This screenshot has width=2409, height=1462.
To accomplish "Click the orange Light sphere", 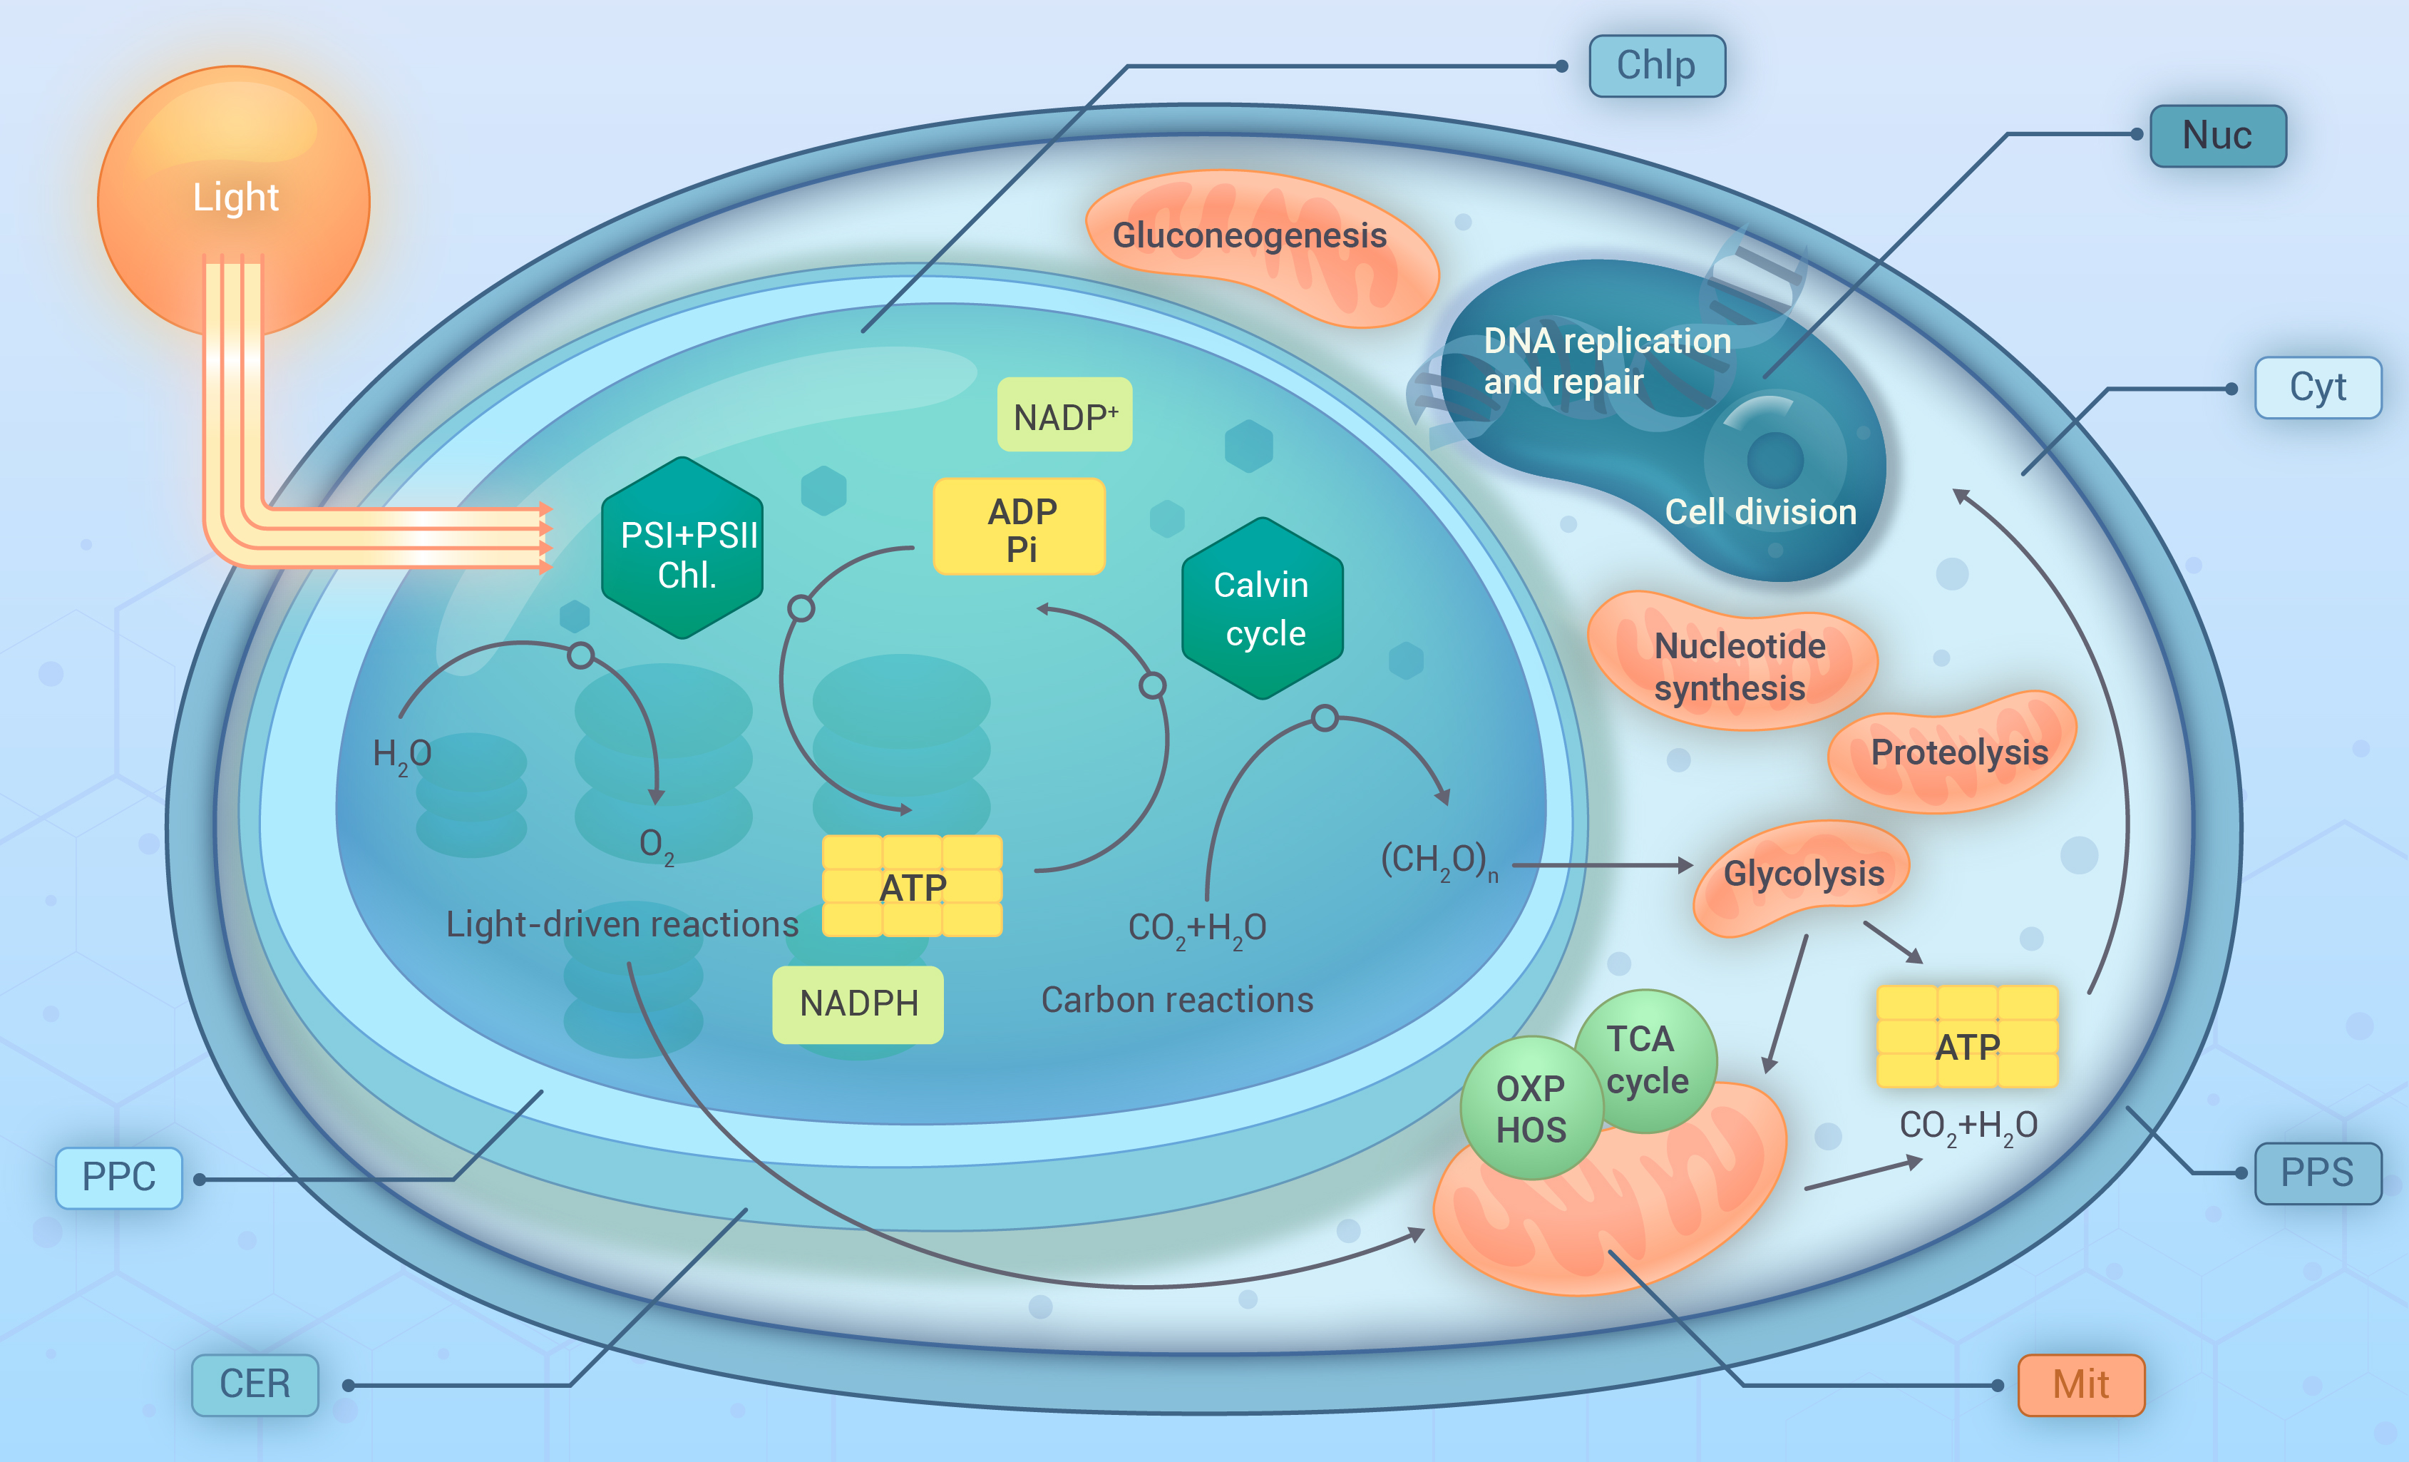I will pyautogui.click(x=234, y=200).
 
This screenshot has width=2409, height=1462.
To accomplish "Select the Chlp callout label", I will pyautogui.click(x=1656, y=66).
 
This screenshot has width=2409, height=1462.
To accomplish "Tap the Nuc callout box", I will pyautogui.click(x=2217, y=136).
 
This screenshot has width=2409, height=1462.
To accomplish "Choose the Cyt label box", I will pyautogui.click(x=2317, y=387).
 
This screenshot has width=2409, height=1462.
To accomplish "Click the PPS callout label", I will pyautogui.click(x=2317, y=1172).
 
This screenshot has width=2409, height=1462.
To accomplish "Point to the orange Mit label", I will pyautogui.click(x=2080, y=1385).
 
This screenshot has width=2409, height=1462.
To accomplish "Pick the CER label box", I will pyautogui.click(x=255, y=1385).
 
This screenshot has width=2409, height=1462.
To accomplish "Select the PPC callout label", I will pyautogui.click(x=118, y=1177).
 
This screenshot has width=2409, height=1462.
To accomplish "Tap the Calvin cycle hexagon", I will pyautogui.click(x=1262, y=608).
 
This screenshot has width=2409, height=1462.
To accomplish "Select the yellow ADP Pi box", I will pyautogui.click(x=1019, y=527).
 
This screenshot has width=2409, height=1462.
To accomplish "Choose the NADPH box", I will pyautogui.click(x=858, y=1004).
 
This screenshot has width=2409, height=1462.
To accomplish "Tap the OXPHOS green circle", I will pyautogui.click(x=1531, y=1109).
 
